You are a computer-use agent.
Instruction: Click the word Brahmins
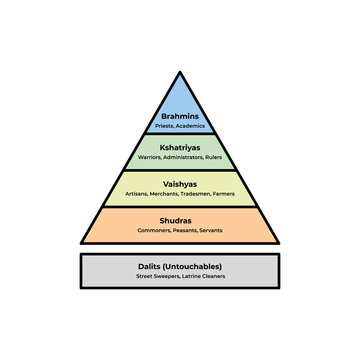click(x=180, y=117)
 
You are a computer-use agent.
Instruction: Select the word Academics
click(x=190, y=127)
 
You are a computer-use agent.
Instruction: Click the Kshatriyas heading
click(x=180, y=147)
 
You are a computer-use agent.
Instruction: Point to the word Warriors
click(x=151, y=157)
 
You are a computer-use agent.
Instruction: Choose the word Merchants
click(x=167, y=195)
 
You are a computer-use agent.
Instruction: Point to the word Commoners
click(x=155, y=231)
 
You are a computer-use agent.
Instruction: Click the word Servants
click(x=209, y=231)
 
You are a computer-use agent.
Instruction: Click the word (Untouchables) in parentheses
click(x=194, y=267)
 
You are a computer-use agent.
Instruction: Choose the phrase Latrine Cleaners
click(x=203, y=277)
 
